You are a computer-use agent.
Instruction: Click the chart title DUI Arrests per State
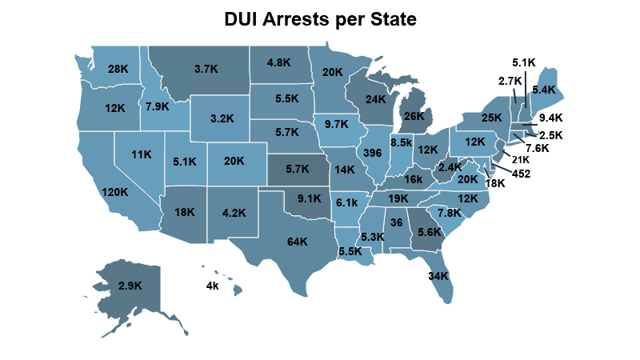coord(320,18)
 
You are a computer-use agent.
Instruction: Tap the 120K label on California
coord(114,192)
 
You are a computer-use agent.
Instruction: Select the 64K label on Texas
coord(297,242)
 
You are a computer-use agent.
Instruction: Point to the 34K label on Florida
coord(438,276)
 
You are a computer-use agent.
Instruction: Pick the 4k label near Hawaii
coord(212,286)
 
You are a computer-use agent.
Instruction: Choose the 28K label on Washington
coord(118,69)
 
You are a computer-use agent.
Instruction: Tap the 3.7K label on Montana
coord(206,69)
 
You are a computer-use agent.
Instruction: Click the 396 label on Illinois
coord(371,152)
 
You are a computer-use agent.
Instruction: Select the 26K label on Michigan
coord(414,116)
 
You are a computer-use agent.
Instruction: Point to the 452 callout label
coord(522,173)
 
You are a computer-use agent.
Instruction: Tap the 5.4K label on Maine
coord(543,90)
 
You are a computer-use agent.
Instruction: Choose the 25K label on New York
coord(491,118)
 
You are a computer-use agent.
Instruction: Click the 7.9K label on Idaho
coord(156,106)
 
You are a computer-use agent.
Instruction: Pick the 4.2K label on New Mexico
coord(234,213)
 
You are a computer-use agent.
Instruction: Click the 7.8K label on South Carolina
coord(450,213)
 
